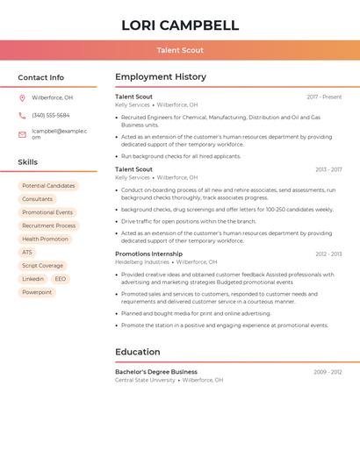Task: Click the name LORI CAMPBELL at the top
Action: [x=180, y=25]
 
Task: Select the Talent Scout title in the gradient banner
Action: [x=180, y=51]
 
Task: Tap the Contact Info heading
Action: [x=41, y=77]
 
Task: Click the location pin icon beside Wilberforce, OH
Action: [x=22, y=98]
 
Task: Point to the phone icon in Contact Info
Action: [x=22, y=116]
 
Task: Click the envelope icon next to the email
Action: [x=22, y=134]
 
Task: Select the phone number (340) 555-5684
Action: [x=51, y=116]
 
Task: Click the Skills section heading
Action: [x=28, y=162]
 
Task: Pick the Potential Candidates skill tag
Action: [x=48, y=186]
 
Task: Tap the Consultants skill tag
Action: [x=38, y=199]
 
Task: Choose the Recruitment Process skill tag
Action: [x=49, y=225]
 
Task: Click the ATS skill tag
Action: [x=27, y=252]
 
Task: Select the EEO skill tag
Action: [x=60, y=279]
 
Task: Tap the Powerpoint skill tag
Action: [x=37, y=292]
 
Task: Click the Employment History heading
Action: [x=161, y=77]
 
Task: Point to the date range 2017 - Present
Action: [x=324, y=97]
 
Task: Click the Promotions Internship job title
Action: [x=148, y=254]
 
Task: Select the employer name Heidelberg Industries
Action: [x=142, y=261]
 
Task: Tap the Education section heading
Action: [x=138, y=352]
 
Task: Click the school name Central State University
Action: [x=145, y=380]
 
